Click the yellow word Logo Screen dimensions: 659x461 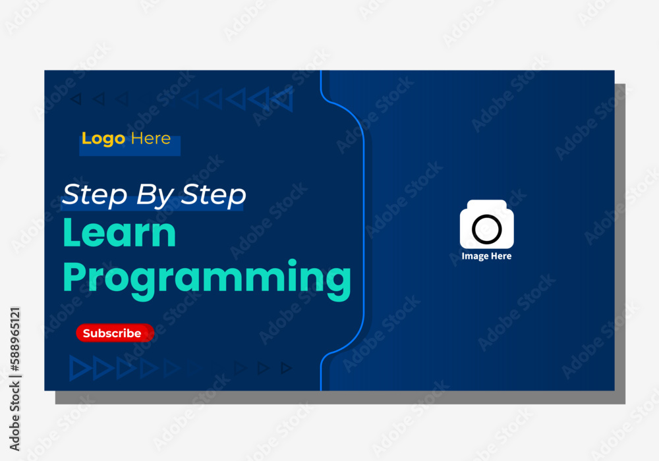click(103, 139)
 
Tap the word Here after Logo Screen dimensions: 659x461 click(151, 138)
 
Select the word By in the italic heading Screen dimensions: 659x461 click(155, 196)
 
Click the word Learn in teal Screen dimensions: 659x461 click(119, 232)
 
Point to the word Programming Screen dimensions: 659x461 click(207, 279)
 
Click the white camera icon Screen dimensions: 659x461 click(487, 224)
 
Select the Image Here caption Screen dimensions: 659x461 click(487, 256)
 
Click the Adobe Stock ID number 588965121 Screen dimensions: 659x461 click(15, 340)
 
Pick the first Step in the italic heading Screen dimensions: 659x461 click(94, 195)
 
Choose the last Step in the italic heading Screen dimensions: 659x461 click(214, 195)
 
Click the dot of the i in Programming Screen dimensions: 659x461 click(292, 263)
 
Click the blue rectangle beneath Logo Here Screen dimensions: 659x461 click(130, 146)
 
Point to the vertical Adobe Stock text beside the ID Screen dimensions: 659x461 click(15, 415)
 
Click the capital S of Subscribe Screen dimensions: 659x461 click(88, 333)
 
